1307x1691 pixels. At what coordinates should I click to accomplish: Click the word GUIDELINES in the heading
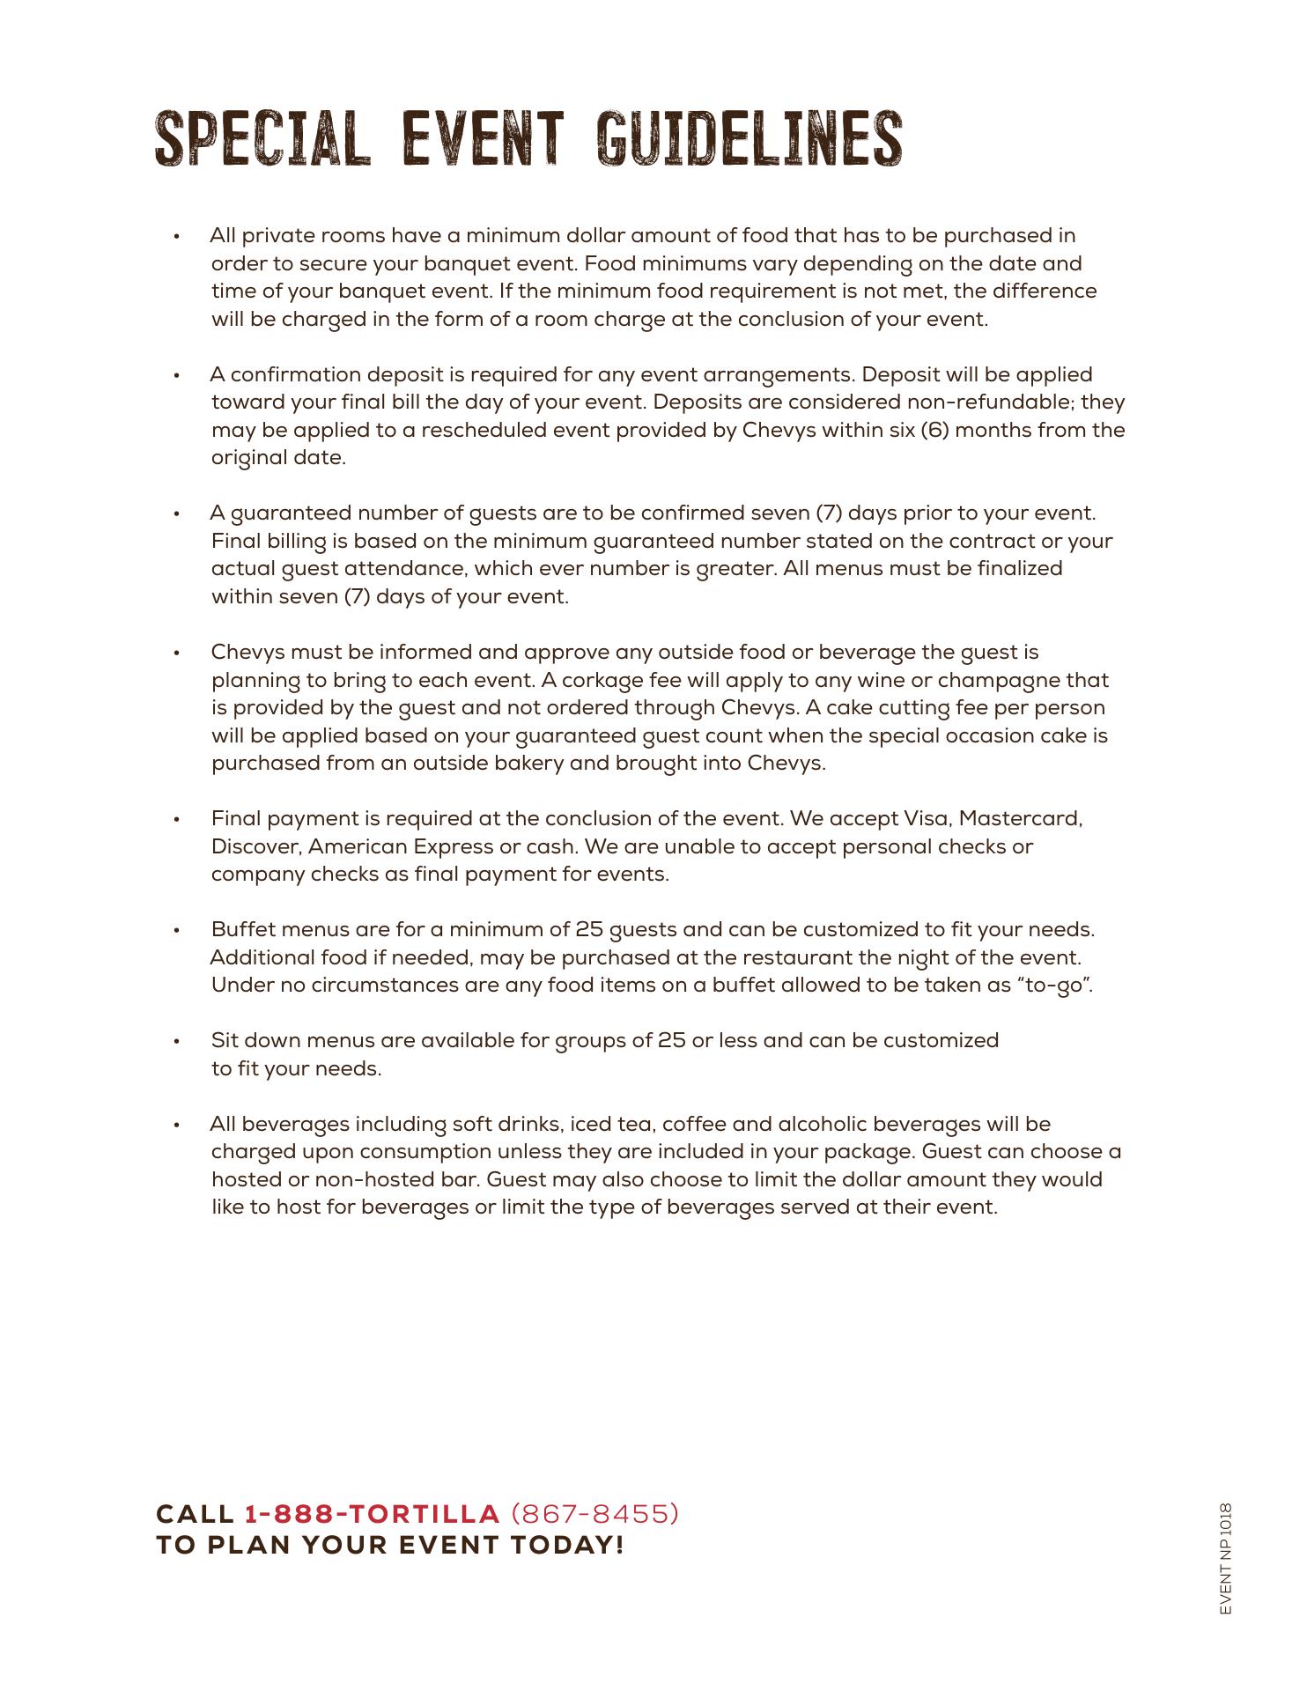(749, 139)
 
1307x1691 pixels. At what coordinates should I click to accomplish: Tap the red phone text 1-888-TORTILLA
(372, 1514)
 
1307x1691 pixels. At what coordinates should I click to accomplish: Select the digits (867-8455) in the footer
(594, 1514)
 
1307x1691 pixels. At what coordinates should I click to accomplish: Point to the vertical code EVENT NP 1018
(1226, 1558)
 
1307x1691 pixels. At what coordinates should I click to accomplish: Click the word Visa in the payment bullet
(927, 819)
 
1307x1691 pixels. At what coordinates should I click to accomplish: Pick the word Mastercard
(1020, 819)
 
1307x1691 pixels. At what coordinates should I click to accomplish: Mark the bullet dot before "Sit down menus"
(177, 1042)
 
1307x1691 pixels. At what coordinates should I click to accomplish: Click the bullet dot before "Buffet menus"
(177, 931)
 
